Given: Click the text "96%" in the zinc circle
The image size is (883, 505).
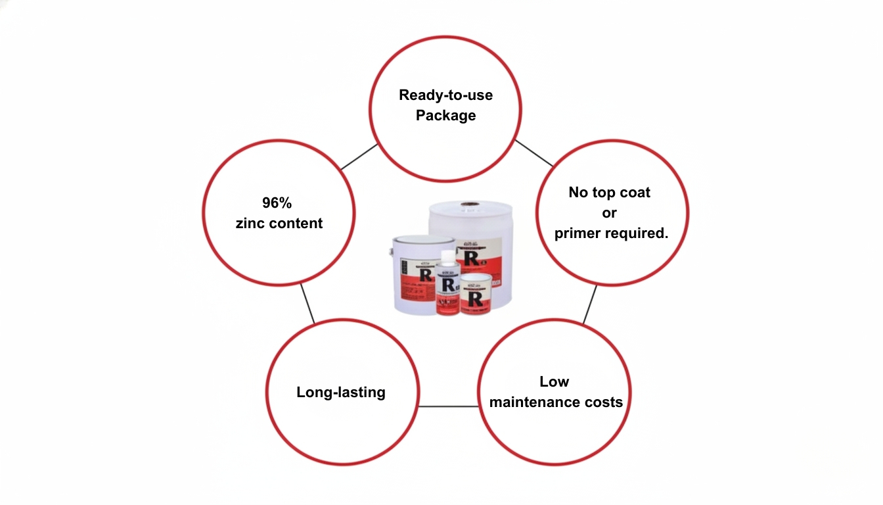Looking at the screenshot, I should point(277,204).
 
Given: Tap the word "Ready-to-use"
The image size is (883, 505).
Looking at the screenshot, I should point(445,95).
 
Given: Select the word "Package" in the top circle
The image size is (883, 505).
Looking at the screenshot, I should point(445,116).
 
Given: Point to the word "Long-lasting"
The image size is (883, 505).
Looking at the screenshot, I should point(341,393).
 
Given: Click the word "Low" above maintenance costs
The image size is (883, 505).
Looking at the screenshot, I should point(554,382).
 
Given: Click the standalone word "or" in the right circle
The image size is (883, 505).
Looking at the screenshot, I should point(609,213).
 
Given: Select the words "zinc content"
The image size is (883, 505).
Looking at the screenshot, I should point(279,224).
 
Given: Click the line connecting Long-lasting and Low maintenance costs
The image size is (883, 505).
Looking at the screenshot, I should point(447,406).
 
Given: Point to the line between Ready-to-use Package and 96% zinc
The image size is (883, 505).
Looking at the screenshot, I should point(359,156).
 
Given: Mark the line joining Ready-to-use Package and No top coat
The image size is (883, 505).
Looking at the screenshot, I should point(533,153).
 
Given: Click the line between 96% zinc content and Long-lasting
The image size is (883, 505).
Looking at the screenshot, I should point(307,303).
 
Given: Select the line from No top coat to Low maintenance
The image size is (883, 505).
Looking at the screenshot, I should point(590,304).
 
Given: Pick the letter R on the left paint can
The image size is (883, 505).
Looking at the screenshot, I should point(424,275).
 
